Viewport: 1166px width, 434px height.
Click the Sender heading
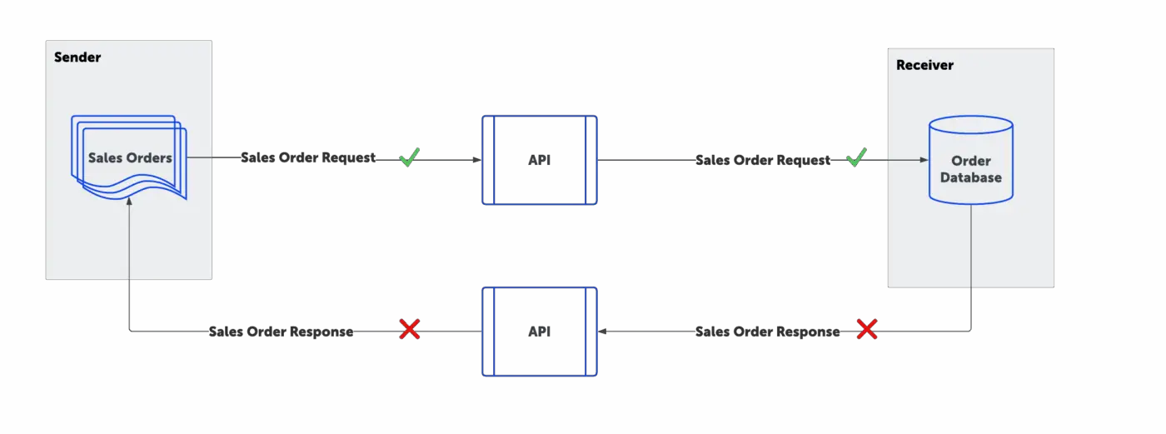point(77,57)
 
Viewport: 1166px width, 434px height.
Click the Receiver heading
point(924,65)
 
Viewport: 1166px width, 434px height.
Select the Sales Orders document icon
point(130,158)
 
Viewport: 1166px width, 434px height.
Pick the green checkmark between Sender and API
point(409,157)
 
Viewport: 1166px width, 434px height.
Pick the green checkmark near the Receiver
point(856,157)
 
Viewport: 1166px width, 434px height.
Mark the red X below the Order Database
point(867,330)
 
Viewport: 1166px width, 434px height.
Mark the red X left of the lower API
point(409,330)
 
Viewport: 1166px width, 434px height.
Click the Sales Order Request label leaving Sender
point(308,157)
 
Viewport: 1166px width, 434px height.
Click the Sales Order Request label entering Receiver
point(763,160)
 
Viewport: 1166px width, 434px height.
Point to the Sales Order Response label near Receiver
point(767,332)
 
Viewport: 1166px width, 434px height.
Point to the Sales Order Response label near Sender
point(281,332)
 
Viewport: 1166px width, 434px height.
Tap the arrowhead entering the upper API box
point(477,160)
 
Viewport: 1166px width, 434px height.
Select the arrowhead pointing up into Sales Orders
point(129,202)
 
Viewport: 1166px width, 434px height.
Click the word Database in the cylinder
point(971,177)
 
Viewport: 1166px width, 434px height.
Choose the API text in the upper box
point(540,160)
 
